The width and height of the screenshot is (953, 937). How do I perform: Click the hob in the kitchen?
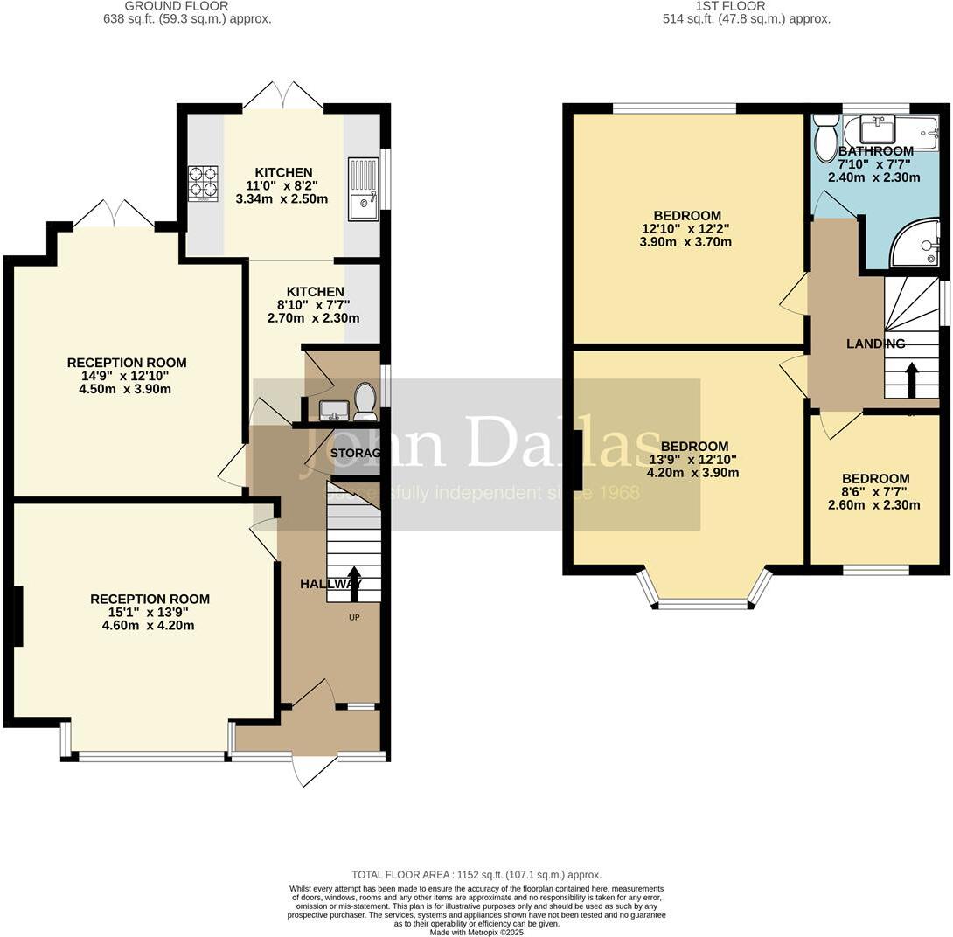tap(202, 183)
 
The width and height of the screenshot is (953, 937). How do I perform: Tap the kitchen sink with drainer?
tap(363, 188)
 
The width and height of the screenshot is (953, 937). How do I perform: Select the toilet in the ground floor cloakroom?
tap(365, 402)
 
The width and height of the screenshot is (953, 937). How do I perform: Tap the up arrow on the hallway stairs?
tap(354, 584)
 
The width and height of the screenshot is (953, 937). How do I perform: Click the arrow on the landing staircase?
tap(911, 379)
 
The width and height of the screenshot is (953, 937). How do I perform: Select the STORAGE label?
tap(355, 453)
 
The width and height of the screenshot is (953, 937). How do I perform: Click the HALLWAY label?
tap(330, 584)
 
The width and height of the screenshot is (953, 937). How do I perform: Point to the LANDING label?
tap(875, 344)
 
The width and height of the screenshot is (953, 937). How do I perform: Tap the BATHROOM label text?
tap(875, 151)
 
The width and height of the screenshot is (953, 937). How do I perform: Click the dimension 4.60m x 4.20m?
tap(150, 625)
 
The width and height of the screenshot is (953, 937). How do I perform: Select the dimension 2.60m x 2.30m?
tap(874, 504)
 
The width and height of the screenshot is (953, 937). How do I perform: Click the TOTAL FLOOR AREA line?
tap(476, 874)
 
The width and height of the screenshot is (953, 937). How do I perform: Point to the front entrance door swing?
tap(313, 769)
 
